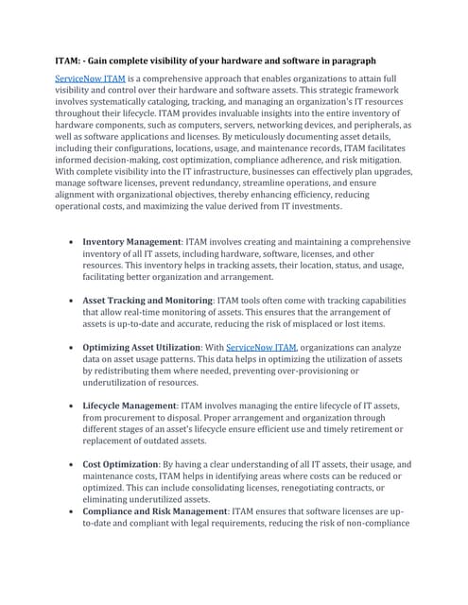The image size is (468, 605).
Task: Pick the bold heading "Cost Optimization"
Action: (x=119, y=465)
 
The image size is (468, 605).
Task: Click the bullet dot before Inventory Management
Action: (x=73, y=242)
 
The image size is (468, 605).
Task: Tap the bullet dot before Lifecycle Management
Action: (x=73, y=405)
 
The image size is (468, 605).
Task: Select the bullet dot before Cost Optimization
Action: (x=73, y=466)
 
